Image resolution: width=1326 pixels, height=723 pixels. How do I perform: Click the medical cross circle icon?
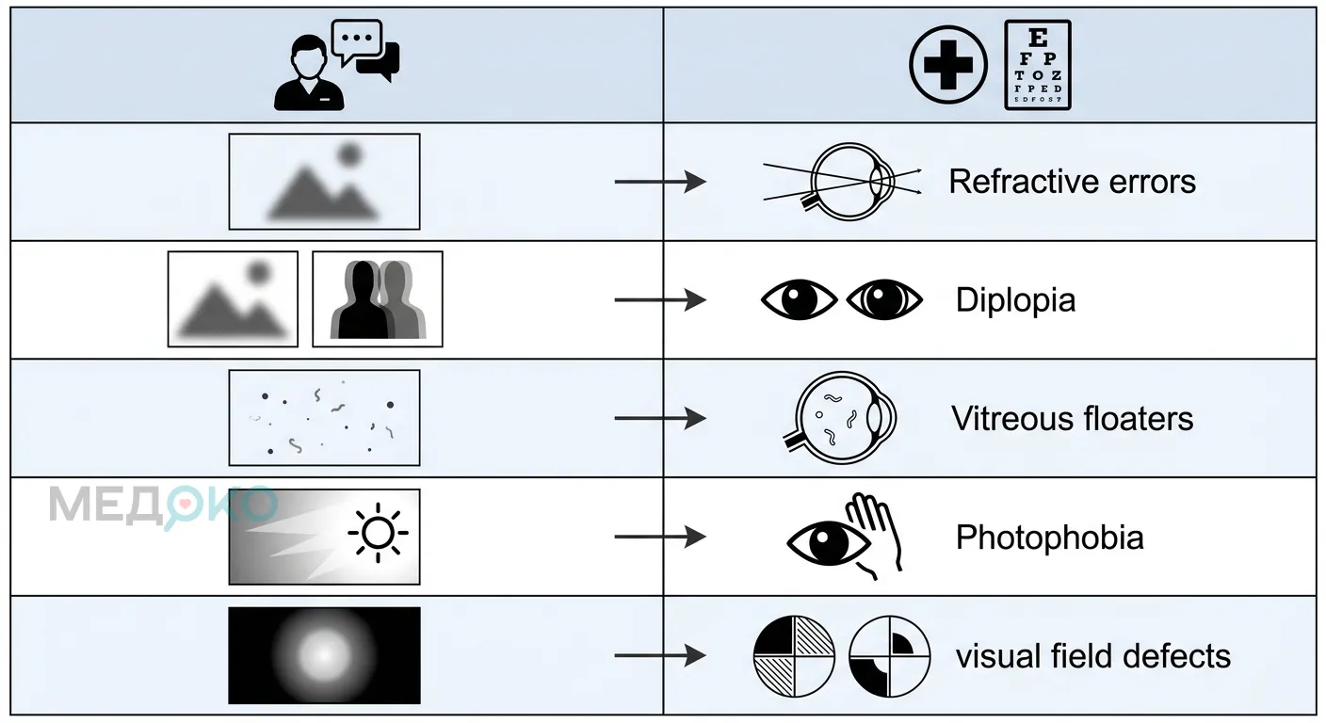(x=948, y=65)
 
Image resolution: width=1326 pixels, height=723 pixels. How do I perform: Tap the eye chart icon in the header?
(x=1038, y=65)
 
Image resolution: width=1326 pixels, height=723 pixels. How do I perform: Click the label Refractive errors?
(x=1072, y=182)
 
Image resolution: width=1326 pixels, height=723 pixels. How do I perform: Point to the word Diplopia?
(x=1015, y=300)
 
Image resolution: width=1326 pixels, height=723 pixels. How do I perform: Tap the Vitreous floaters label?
(x=1072, y=419)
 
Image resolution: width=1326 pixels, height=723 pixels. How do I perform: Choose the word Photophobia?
(x=1049, y=538)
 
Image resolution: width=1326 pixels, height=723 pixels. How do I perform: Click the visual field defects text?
(x=1093, y=656)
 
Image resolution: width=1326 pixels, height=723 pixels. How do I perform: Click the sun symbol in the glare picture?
(x=378, y=533)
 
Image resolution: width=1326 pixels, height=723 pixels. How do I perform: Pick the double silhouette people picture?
(x=378, y=299)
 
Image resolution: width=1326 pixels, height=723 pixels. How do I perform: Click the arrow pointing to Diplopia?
(x=660, y=300)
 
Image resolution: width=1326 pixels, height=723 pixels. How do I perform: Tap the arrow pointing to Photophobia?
(x=660, y=537)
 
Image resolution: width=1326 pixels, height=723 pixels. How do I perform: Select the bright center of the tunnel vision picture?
(x=324, y=655)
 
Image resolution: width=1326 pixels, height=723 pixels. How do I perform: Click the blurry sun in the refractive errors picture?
(x=349, y=154)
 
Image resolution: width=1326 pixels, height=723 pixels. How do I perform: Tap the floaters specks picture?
(x=324, y=418)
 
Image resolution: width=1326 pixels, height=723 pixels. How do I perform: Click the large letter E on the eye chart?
(x=1037, y=38)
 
